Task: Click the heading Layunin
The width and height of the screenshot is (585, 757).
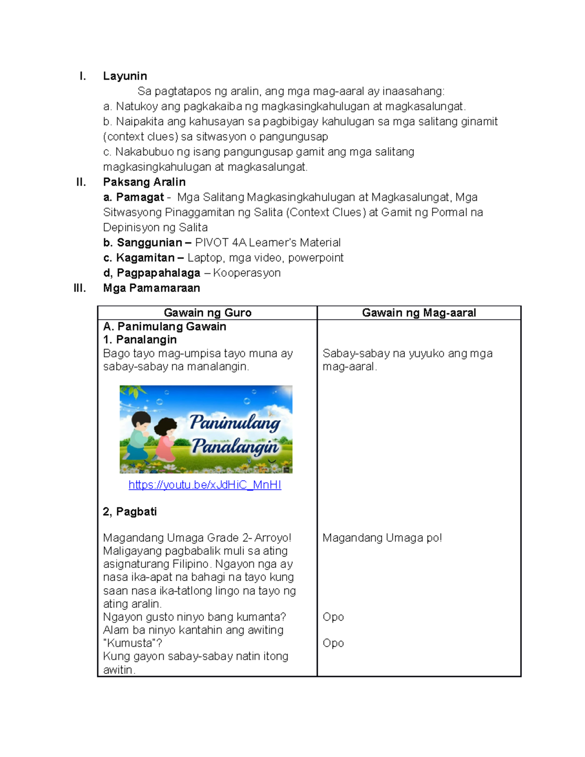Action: [x=125, y=76]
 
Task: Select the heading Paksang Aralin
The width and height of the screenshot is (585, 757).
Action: [x=144, y=182]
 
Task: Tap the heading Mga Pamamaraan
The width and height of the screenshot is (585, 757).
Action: [x=151, y=288]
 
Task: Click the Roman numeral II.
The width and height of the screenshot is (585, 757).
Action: [x=81, y=182]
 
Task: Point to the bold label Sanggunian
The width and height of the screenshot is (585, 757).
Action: [x=149, y=243]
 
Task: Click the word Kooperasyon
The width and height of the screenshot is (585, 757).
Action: [x=247, y=273]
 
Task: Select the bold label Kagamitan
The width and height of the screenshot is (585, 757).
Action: [x=145, y=258]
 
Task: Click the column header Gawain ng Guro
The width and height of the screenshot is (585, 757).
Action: [x=208, y=313]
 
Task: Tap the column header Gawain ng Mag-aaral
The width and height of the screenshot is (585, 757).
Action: [x=419, y=313]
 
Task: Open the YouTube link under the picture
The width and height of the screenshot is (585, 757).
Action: [x=205, y=485]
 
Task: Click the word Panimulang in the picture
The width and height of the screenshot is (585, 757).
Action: [x=235, y=422]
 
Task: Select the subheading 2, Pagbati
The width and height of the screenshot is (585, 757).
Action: [x=130, y=511]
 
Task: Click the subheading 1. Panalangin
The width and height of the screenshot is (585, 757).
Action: [x=140, y=340]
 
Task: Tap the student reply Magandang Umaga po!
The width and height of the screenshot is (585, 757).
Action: [x=382, y=538]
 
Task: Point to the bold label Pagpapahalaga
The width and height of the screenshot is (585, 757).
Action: [x=158, y=273]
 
